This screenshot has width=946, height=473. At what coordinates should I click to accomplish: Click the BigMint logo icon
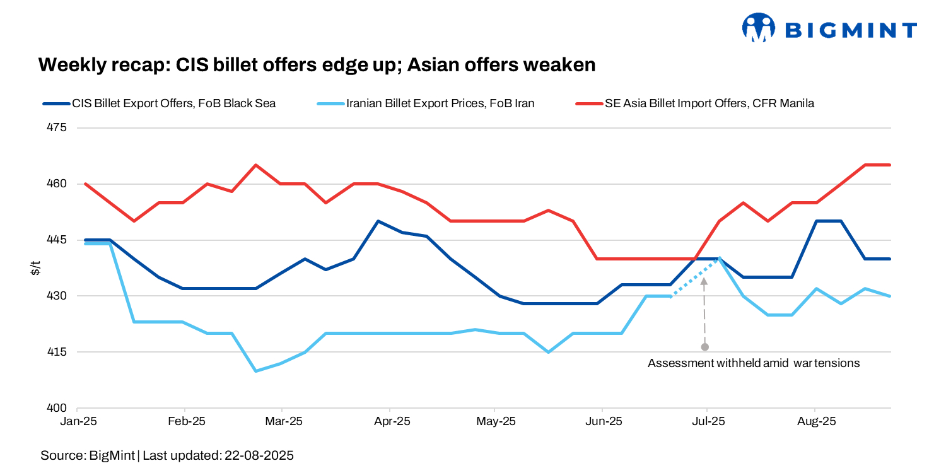click(758, 28)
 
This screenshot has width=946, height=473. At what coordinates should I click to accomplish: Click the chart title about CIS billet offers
click(317, 65)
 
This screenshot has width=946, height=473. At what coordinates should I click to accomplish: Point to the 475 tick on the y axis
click(57, 128)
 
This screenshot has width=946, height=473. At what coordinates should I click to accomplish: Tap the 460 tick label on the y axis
click(57, 184)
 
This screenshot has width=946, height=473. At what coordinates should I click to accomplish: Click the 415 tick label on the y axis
click(57, 352)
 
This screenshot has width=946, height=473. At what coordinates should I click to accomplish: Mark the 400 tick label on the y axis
click(57, 408)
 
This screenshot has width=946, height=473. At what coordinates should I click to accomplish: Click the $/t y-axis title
click(36, 268)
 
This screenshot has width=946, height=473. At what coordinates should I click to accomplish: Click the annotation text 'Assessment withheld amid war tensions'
click(754, 363)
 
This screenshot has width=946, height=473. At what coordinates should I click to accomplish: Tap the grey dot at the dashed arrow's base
click(704, 347)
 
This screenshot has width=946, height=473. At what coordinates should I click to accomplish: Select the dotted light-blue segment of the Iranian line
click(694, 277)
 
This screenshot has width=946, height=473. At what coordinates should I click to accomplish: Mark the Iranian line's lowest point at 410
click(255, 371)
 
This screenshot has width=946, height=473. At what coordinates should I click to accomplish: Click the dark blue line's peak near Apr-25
click(378, 221)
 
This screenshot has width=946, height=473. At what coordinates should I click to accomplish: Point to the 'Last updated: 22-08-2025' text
click(218, 455)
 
